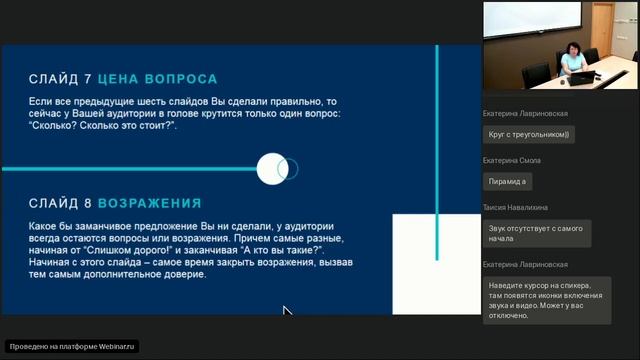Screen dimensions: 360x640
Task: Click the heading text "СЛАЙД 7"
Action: pyautogui.click(x=61, y=79)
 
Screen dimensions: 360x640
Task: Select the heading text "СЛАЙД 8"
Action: pyautogui.click(x=61, y=204)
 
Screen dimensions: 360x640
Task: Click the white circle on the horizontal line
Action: pyautogui.click(x=272, y=169)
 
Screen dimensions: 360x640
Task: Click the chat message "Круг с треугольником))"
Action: pyautogui.click(x=528, y=133)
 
